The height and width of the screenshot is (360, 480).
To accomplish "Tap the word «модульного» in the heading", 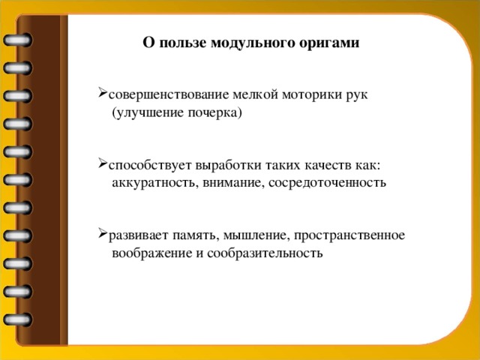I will (x=254, y=43).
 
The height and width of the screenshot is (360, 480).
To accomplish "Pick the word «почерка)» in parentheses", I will (x=217, y=113).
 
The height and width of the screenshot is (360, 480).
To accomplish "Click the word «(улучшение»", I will (x=148, y=113).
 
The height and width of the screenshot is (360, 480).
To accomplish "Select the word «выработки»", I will (x=213, y=165).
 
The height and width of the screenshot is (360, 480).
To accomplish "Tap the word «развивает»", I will (x=137, y=235).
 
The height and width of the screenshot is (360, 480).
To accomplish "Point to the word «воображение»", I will (x=152, y=253).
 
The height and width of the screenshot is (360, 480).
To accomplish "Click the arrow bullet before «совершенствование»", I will (x=101, y=94).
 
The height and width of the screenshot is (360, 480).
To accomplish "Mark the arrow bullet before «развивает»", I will (x=101, y=234).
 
